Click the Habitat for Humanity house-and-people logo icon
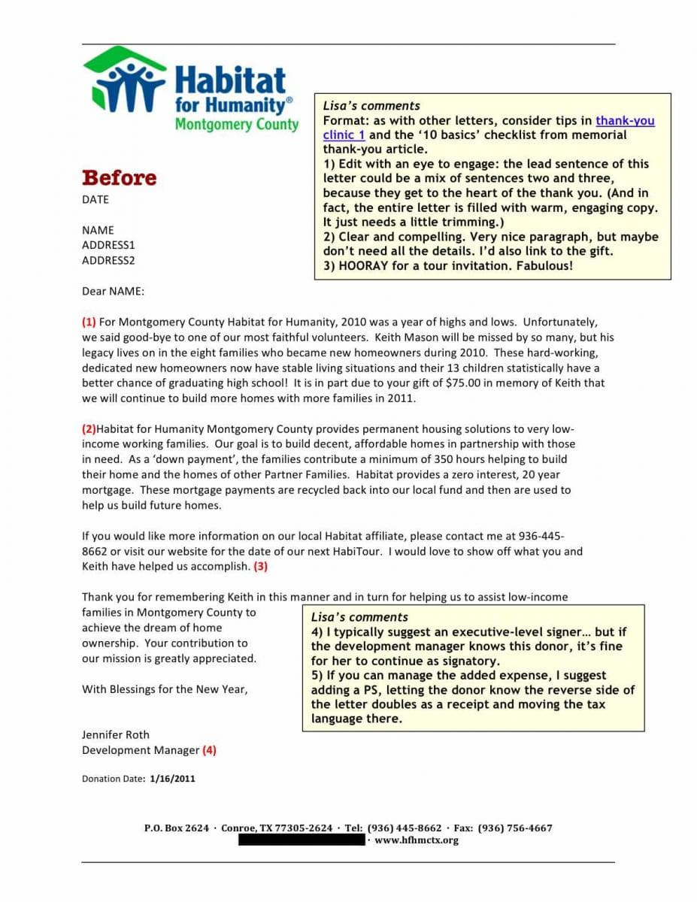click(x=124, y=81)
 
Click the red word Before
click(x=119, y=178)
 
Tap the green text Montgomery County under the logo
click(x=236, y=125)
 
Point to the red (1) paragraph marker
click(x=89, y=322)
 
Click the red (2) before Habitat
click(x=89, y=429)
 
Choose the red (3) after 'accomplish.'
click(x=261, y=566)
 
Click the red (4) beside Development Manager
click(x=209, y=749)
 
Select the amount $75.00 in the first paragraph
click(x=464, y=383)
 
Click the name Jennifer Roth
click(x=116, y=734)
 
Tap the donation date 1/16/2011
click(x=172, y=779)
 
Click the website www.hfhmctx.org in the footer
click(x=416, y=840)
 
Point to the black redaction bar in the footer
click(x=302, y=840)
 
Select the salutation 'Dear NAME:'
click(x=113, y=291)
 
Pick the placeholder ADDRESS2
click(x=108, y=261)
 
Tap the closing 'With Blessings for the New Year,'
click(x=165, y=689)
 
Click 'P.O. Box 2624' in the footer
click(x=177, y=828)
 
